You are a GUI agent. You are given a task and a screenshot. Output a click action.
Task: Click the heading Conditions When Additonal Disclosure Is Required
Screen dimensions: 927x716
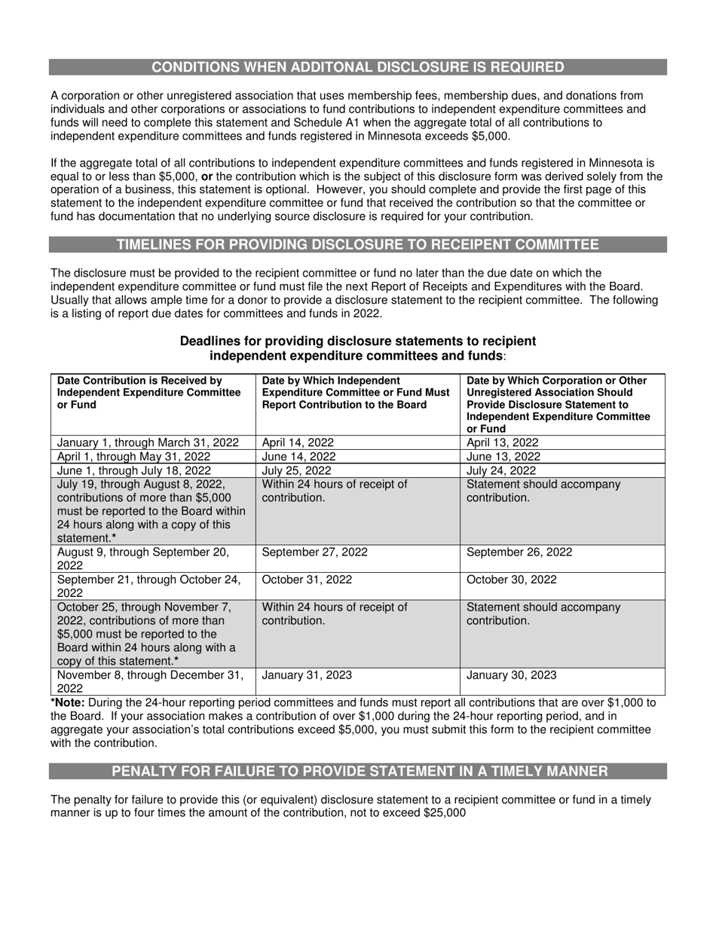coord(358,67)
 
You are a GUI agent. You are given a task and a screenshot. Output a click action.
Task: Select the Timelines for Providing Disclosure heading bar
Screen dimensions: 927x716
coord(358,244)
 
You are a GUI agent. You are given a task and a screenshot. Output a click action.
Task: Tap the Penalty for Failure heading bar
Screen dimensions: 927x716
coord(358,771)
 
